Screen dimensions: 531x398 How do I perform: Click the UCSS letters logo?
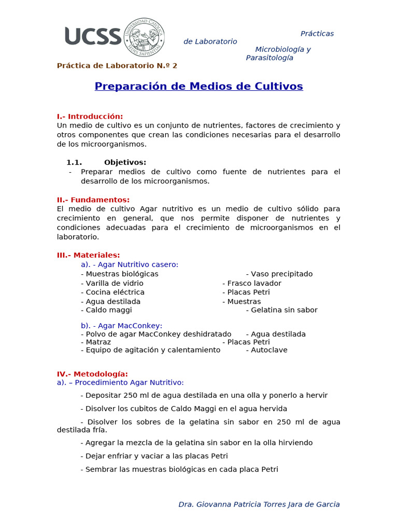93,36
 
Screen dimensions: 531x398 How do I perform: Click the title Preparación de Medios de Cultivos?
198,86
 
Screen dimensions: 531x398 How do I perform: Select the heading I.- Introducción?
90,116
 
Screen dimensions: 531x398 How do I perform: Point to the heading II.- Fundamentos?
93,200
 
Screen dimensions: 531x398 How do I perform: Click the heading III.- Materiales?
88,255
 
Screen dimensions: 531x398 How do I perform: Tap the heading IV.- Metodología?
92,374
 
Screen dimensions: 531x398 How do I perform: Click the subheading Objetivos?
125,162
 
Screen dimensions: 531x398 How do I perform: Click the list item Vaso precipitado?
279,274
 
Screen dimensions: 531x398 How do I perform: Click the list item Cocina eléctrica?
112,292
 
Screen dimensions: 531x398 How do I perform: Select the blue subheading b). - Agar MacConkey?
121,326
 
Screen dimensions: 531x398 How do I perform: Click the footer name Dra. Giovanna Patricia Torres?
259,504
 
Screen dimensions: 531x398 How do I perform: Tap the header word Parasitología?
269,58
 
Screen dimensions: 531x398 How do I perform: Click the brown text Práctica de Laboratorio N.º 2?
117,66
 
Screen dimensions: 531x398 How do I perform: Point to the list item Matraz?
96,342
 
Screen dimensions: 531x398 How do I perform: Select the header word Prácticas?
317,34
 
